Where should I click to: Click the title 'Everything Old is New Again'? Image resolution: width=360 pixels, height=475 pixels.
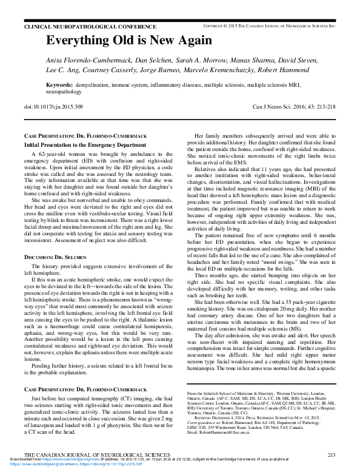tap(129, 41)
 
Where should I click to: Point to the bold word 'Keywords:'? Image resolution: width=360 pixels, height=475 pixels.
tap(60, 85)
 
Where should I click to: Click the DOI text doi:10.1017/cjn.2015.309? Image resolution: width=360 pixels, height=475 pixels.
tap(55, 107)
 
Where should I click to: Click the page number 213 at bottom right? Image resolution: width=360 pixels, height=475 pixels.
tap(331, 454)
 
